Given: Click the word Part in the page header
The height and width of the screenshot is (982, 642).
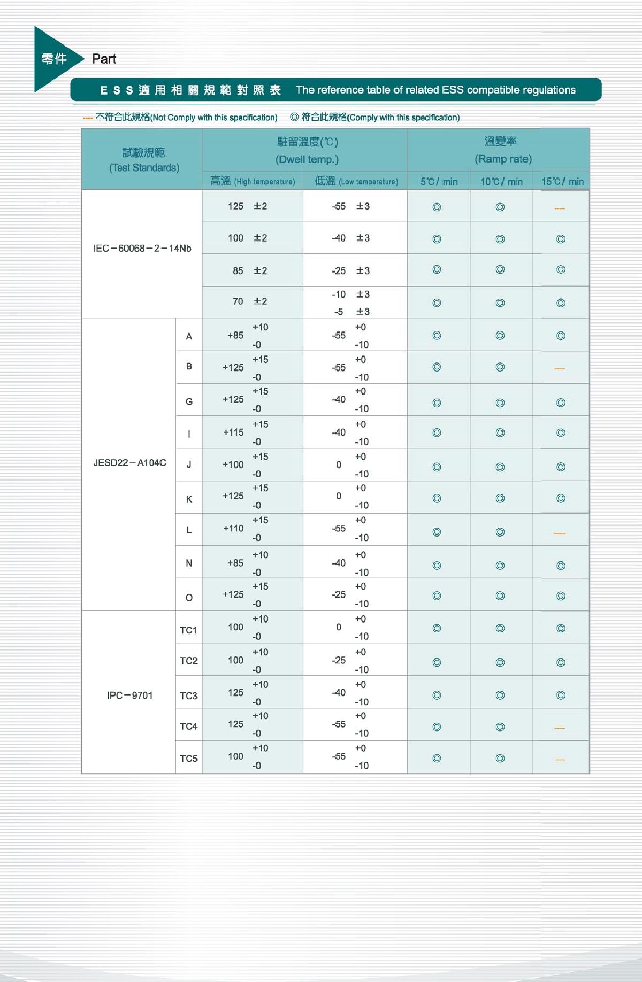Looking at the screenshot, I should [104, 59].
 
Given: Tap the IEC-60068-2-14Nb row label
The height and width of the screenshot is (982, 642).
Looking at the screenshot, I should [142, 249].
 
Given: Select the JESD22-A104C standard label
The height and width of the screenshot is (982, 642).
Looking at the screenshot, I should [129, 463].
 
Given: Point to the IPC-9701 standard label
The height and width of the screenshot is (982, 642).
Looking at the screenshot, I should [129, 695].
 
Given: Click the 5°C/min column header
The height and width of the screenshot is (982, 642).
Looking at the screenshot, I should [439, 182].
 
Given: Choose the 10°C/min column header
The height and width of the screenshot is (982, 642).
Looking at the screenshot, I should [501, 182].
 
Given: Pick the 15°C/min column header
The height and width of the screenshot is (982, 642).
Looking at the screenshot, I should [562, 182].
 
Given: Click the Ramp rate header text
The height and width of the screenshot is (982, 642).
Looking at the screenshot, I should [503, 159].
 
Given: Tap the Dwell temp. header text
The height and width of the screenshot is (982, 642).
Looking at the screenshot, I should [307, 159].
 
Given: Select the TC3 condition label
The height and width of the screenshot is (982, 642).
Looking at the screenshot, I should [188, 695].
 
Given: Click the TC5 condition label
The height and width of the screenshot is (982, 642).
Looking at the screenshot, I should [188, 759].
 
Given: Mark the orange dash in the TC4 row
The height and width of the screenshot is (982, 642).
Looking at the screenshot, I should [560, 728].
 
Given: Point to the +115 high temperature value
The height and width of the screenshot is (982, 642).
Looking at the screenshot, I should [233, 432].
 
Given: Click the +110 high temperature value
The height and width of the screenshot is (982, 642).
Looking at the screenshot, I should [233, 529].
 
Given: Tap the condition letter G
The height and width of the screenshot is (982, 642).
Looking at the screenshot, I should [189, 401].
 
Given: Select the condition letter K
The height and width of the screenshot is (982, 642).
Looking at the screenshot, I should [189, 499].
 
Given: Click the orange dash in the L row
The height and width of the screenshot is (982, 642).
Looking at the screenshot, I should [560, 533].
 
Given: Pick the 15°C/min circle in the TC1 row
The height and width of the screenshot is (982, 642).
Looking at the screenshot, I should [561, 629].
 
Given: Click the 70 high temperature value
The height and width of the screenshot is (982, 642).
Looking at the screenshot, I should [238, 301].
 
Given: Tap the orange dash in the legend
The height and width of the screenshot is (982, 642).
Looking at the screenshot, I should [88, 118].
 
